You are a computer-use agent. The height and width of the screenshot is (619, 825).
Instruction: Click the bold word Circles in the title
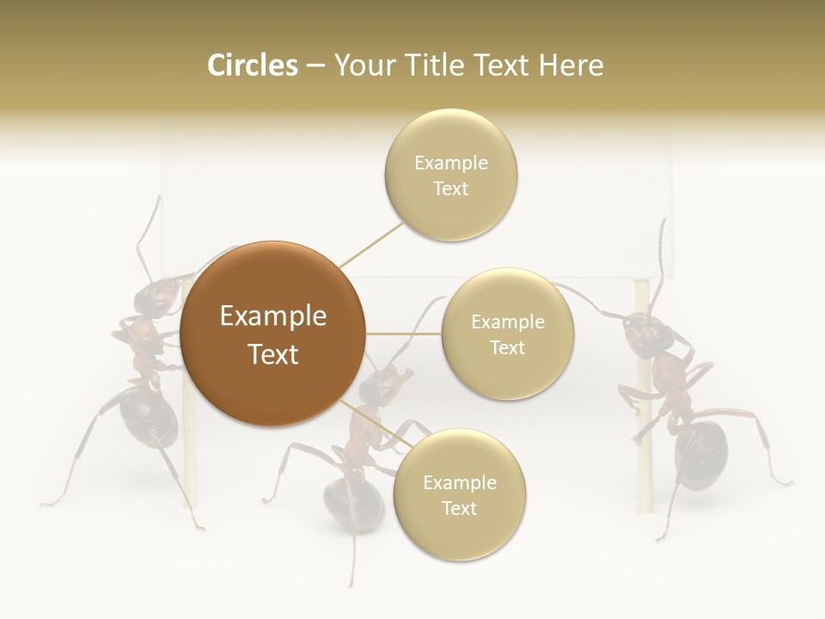point(253,65)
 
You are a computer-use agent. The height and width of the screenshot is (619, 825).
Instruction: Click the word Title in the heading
point(436,65)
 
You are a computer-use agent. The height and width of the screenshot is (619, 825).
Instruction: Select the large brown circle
point(272,334)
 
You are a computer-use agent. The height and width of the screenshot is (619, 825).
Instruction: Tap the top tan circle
point(450,175)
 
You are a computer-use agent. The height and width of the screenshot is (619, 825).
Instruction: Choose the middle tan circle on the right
point(507,334)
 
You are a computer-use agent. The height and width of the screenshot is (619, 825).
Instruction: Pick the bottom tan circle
point(459,494)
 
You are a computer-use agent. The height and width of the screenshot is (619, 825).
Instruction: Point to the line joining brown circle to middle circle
point(404,334)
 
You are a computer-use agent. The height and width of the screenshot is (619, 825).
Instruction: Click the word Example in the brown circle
point(272,316)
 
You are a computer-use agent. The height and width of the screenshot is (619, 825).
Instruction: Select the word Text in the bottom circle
point(459,508)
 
